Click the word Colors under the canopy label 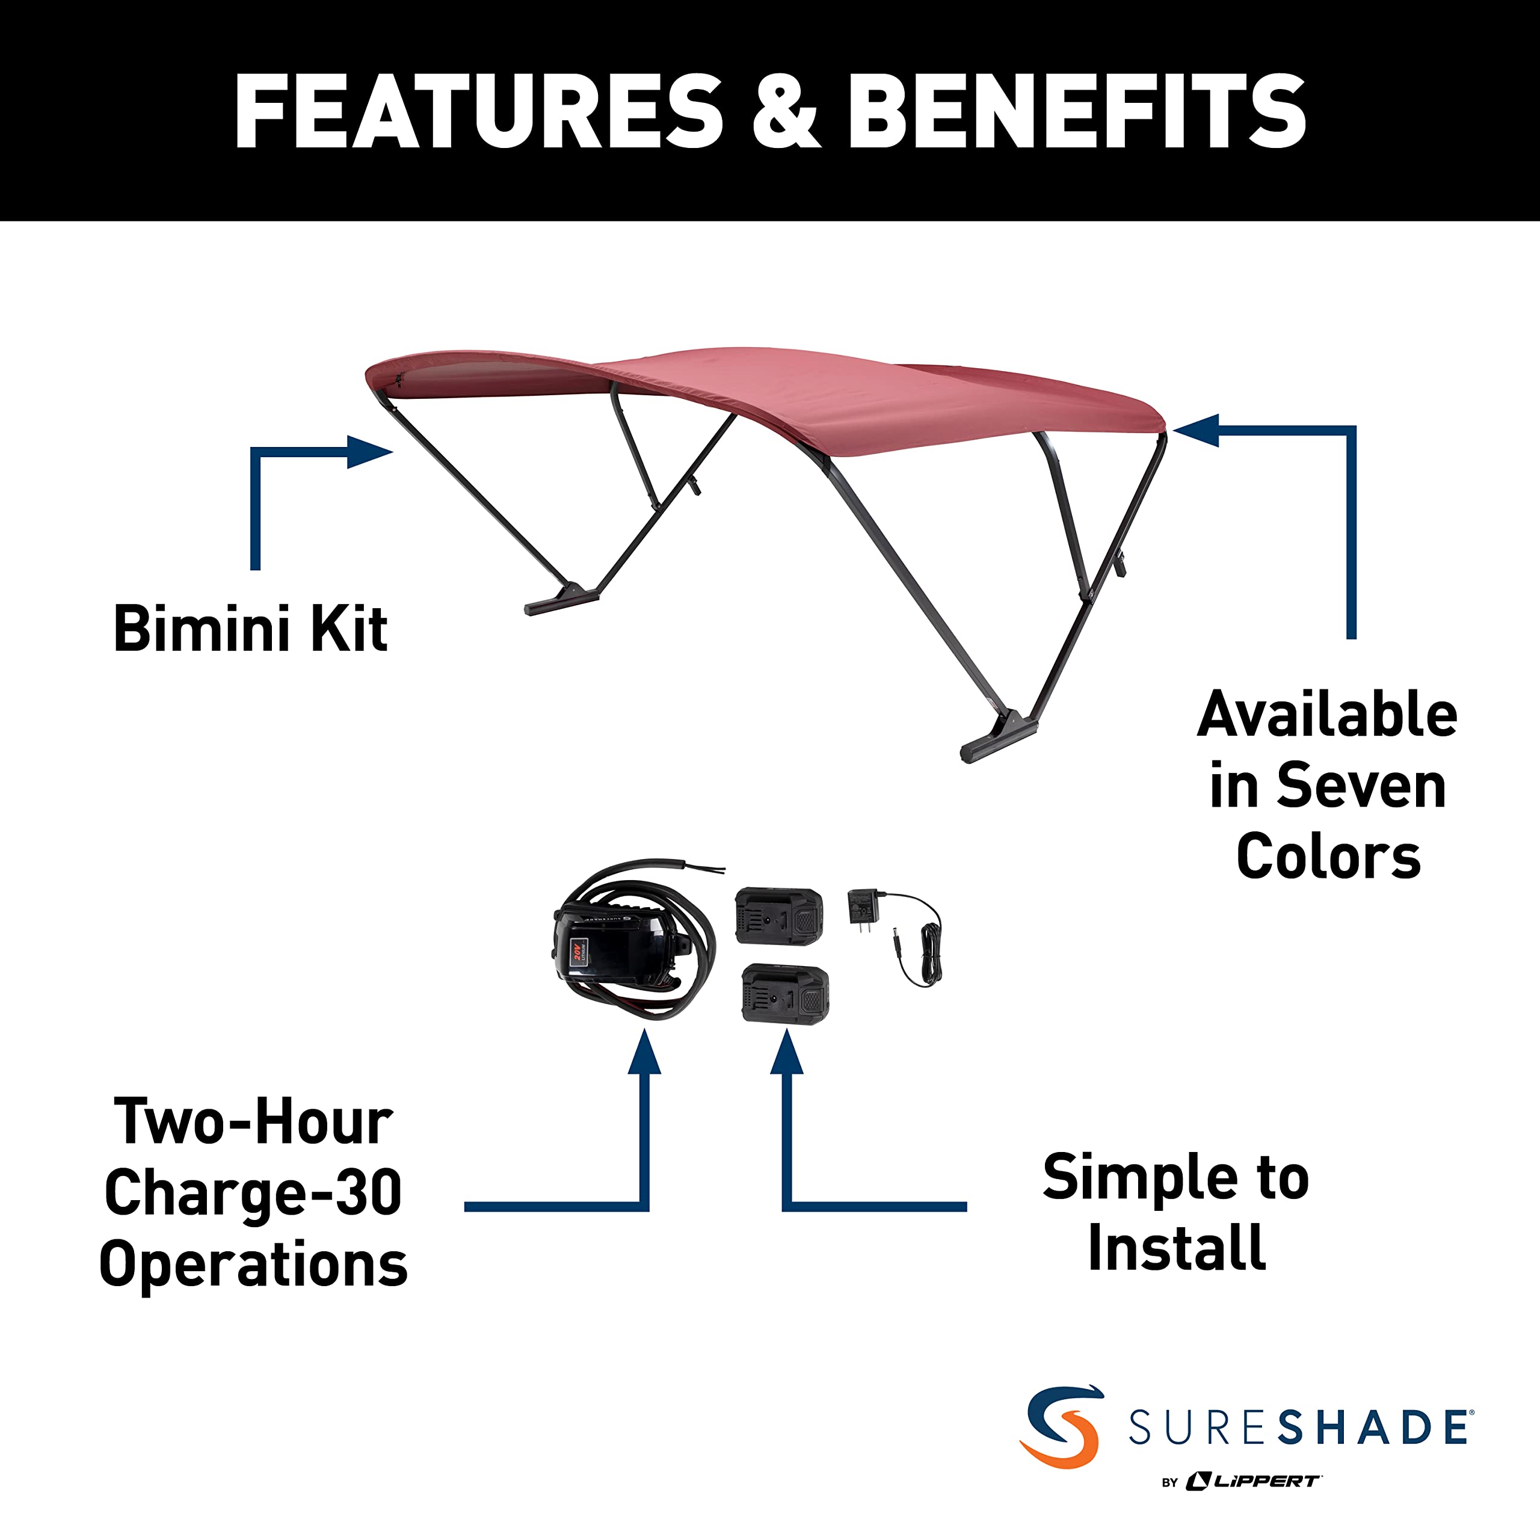point(1328,857)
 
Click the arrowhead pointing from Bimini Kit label point(370,452)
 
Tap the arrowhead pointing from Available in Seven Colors point(1197,431)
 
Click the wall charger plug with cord point(893,937)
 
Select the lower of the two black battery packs point(785,993)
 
